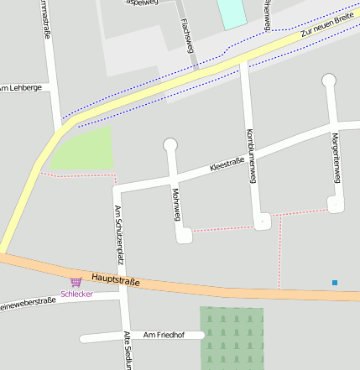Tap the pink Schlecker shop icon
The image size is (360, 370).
coord(76,283)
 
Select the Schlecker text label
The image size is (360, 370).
coord(76,294)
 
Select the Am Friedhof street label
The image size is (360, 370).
coord(163,335)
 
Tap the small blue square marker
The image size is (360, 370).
coord(335,283)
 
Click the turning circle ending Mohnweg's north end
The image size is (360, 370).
coord(171,145)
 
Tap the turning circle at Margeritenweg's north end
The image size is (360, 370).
coord(329,81)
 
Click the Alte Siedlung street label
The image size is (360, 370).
coord(128,350)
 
